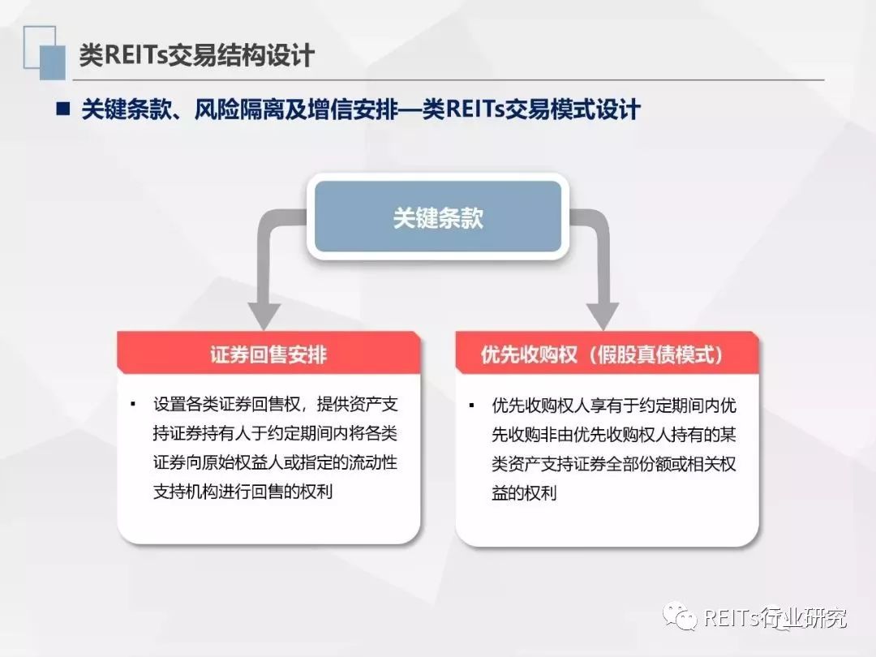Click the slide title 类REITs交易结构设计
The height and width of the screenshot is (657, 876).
tap(196, 55)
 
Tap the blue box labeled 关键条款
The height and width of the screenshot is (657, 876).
tap(438, 217)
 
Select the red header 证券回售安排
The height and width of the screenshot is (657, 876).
tap(268, 354)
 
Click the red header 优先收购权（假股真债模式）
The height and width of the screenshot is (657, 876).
tap(607, 354)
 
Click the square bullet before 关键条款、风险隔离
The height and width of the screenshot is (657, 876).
tap(63, 108)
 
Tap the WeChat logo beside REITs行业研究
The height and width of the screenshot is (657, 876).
tap(680, 616)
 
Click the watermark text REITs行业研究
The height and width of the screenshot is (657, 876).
tap(775, 617)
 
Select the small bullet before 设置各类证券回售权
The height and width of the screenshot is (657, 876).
tap(133, 404)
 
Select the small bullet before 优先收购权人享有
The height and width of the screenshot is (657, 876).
tap(471, 405)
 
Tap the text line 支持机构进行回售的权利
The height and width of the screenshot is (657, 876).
tap(243, 492)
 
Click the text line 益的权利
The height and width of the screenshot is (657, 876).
tap(524, 493)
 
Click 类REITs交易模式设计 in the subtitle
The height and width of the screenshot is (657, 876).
tap(530, 109)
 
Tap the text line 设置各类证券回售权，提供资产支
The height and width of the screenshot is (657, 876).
tap(276, 404)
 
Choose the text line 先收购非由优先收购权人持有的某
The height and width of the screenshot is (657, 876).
tap(614, 434)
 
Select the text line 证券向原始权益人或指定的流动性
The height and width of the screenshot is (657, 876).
tap(276, 462)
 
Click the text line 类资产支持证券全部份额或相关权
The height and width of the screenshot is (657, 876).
tap(614, 464)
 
